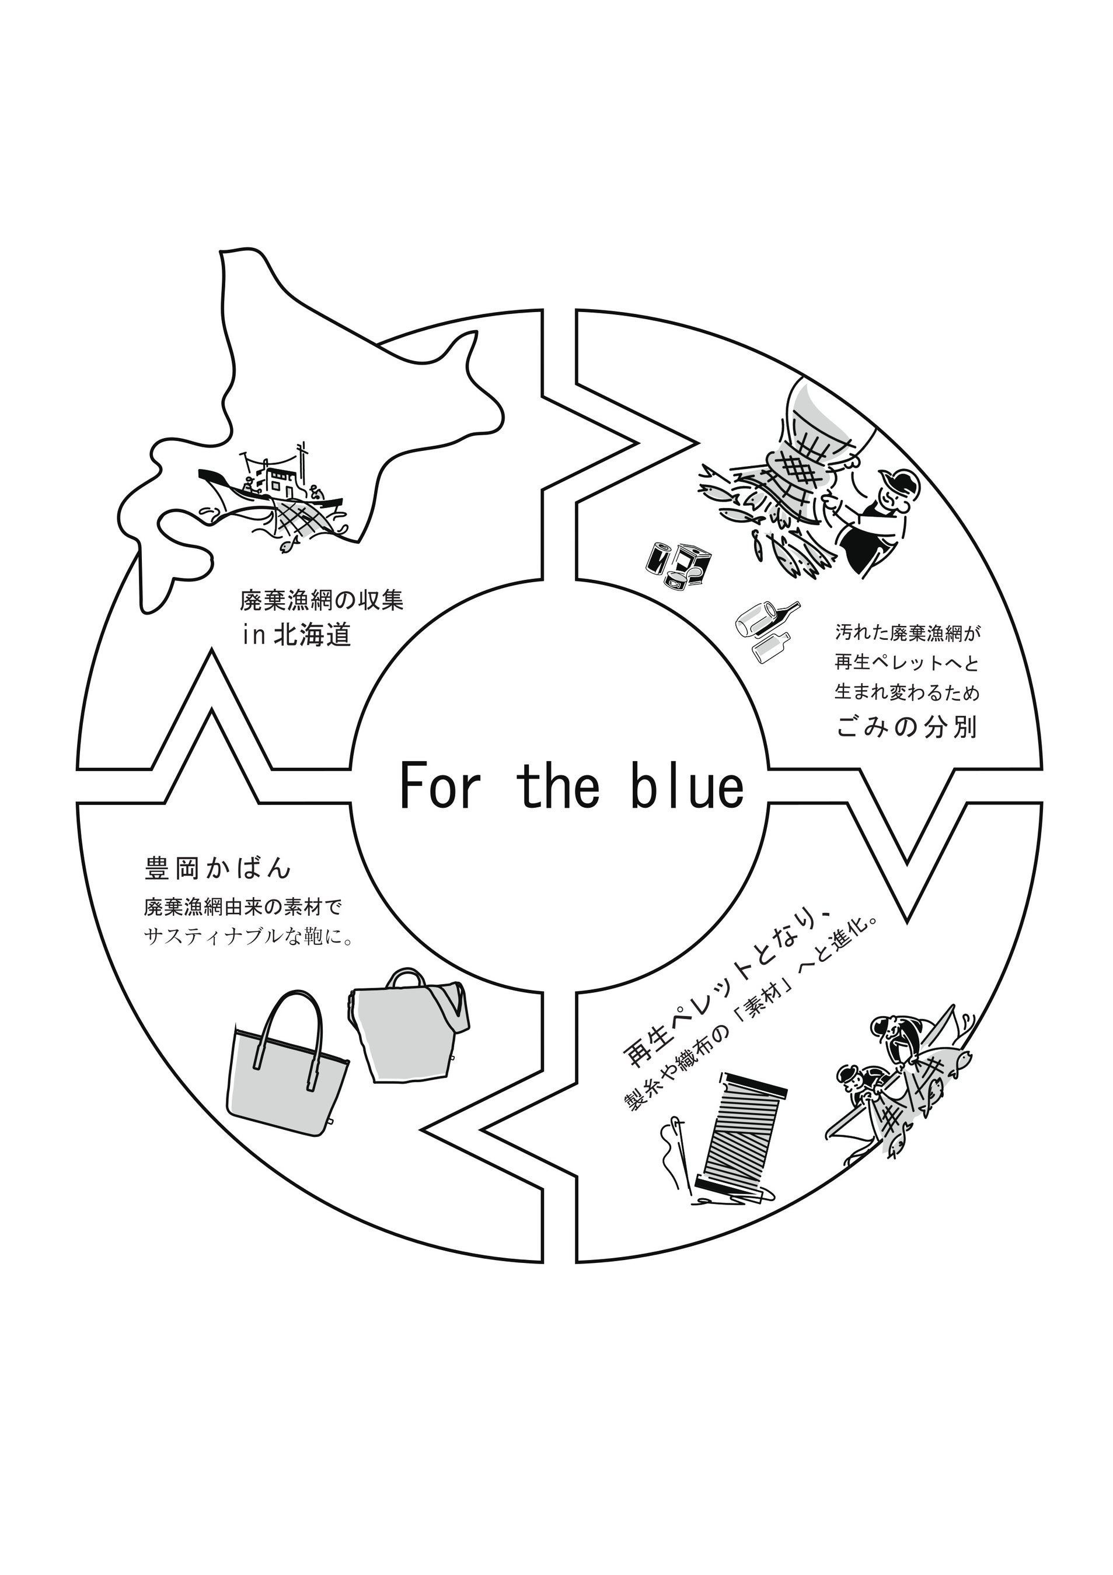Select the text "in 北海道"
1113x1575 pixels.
(x=296, y=635)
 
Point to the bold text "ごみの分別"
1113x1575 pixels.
(x=906, y=727)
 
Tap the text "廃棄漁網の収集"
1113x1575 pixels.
(x=321, y=601)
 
